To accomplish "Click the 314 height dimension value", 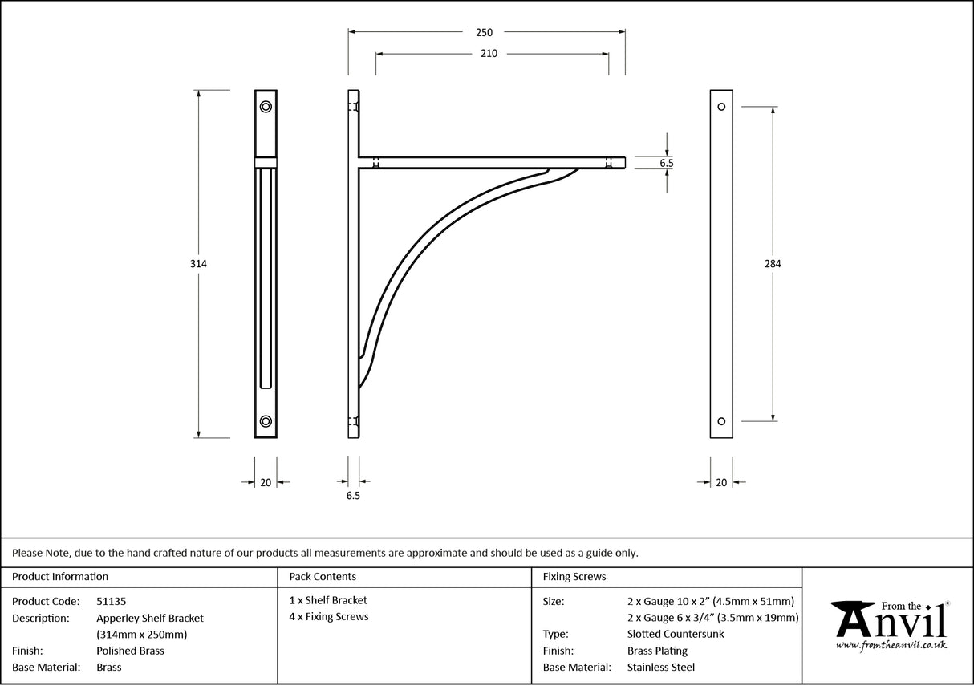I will [198, 263].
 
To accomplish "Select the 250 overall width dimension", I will [484, 33].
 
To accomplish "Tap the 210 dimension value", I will [489, 54].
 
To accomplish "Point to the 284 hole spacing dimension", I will [773, 263].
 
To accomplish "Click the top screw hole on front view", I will [266, 106].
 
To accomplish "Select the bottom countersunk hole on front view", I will [266, 421].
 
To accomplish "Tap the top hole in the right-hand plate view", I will [721, 107].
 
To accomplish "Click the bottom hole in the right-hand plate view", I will [721, 421].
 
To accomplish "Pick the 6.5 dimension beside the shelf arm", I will [666, 163].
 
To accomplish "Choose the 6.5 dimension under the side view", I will [353, 497].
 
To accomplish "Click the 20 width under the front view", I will [266, 482].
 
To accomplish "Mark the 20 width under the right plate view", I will [721, 482].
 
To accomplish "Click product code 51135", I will [111, 601].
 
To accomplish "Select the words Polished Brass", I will [130, 651].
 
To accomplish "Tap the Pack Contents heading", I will [323, 577].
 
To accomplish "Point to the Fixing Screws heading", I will [574, 577].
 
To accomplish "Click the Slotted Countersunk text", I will [675, 634].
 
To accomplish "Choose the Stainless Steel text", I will [661, 668].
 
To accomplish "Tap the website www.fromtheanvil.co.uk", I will [891, 645].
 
